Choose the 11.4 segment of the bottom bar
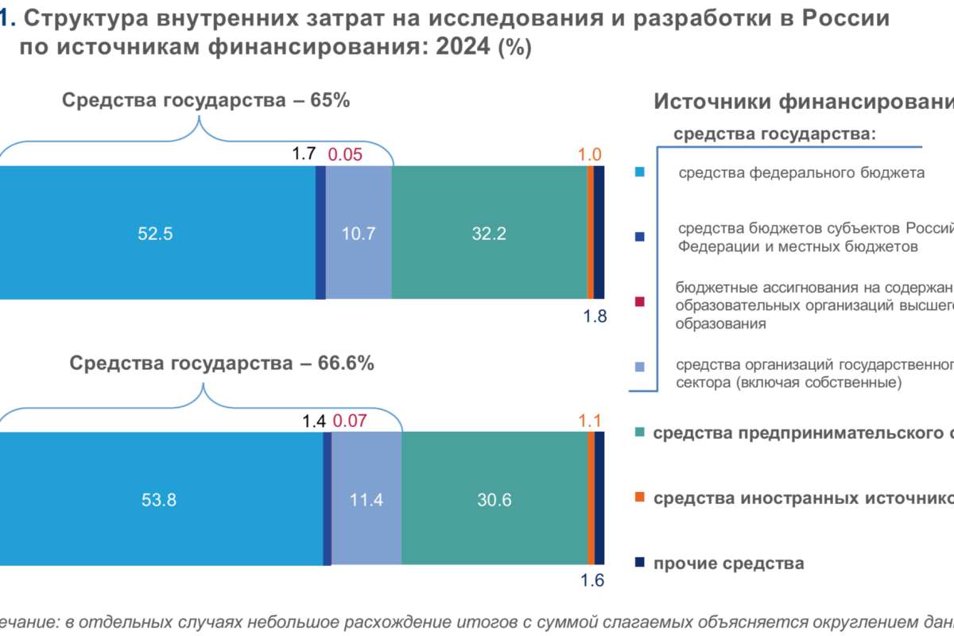click(x=366, y=500)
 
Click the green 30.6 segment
click(x=494, y=500)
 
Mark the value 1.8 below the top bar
click(x=595, y=316)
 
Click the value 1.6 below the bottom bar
click(x=593, y=580)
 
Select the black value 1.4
click(x=315, y=421)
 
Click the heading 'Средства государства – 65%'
click(x=206, y=101)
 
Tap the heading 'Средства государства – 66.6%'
click(x=222, y=364)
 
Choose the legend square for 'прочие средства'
click(x=639, y=563)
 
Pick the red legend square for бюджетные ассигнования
click(x=641, y=302)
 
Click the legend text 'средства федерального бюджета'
click(x=801, y=173)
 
